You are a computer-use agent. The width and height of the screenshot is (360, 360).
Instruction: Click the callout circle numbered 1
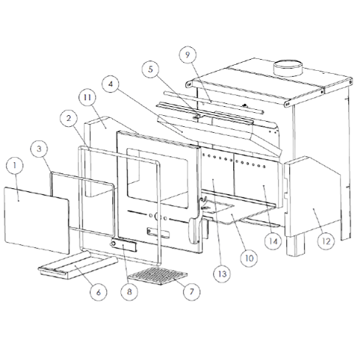(15, 165)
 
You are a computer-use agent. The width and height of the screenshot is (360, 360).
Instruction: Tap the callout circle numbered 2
(69, 118)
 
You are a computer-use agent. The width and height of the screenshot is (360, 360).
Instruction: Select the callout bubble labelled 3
(39, 149)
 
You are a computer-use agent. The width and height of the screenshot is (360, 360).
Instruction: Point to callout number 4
(111, 84)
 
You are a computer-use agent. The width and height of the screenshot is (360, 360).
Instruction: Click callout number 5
(150, 69)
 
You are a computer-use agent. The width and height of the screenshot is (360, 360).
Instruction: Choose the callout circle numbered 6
(98, 292)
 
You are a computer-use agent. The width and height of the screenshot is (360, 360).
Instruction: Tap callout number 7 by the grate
(192, 291)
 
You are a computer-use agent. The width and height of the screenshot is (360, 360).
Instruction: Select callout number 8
(129, 291)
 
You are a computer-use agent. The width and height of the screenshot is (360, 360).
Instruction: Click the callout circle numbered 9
(187, 55)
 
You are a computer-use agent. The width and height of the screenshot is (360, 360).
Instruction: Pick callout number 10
(249, 258)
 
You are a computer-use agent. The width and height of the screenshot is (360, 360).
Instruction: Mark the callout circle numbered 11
(88, 97)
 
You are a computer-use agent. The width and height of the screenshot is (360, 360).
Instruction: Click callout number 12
(326, 241)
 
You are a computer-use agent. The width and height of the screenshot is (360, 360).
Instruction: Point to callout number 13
(222, 274)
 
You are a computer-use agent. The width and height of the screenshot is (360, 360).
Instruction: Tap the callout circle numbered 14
(273, 241)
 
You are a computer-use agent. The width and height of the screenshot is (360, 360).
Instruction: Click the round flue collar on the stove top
(288, 69)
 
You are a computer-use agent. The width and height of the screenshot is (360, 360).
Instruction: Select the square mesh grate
(158, 276)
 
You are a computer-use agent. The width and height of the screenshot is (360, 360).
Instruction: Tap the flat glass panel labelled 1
(37, 220)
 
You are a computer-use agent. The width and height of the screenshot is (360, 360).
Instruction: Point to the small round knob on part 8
(114, 244)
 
